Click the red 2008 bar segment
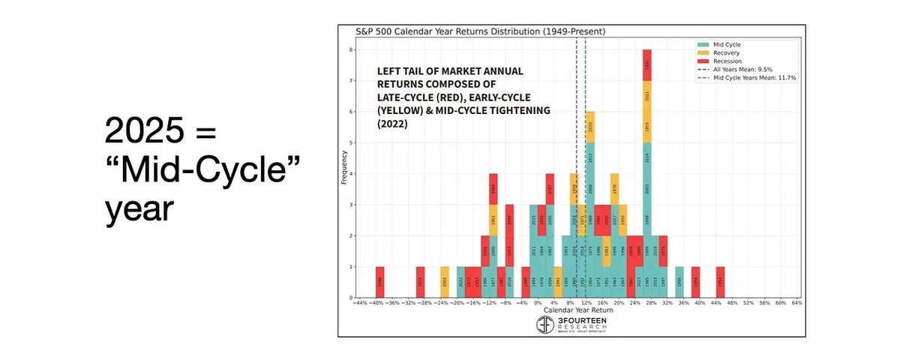coord(379,283)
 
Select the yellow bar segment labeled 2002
coord(444,283)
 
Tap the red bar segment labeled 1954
coord(720,283)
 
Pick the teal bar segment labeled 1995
coord(679,283)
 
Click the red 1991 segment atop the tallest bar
coord(646,65)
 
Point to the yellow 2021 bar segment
coord(646,97)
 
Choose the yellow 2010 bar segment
coord(590,127)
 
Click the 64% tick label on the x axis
coord(796,304)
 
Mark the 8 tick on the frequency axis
coord(351,50)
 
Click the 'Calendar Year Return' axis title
coord(574,310)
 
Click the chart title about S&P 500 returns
coord(480,31)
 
